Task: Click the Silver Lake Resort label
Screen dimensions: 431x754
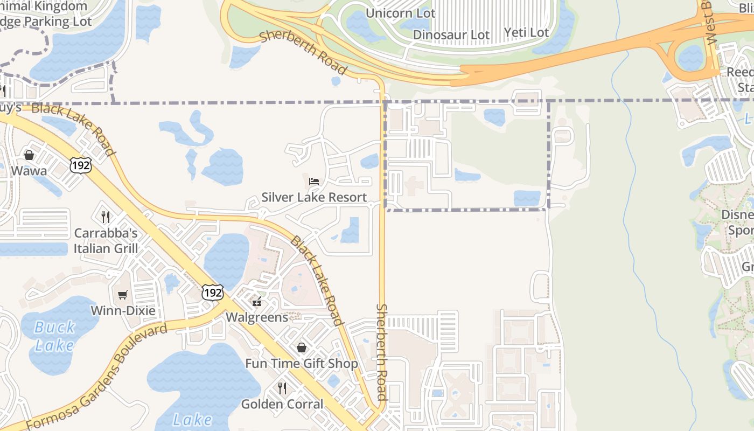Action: [314, 197]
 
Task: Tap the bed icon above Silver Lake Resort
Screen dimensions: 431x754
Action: [314, 181]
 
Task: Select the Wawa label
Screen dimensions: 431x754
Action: [29, 171]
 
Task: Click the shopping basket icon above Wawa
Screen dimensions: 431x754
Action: [29, 155]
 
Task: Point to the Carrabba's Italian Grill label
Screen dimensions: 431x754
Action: [106, 241]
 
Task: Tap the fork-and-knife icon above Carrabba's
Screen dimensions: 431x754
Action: [106, 217]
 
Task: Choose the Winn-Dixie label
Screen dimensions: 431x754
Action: [123, 311]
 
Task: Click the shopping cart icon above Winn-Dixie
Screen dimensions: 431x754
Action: [123, 295]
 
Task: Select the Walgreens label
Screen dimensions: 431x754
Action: [257, 317]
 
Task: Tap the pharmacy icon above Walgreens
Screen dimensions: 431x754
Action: [257, 301]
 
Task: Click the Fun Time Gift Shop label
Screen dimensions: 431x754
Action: [302, 364]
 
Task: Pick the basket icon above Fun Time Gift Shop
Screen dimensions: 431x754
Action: [302, 347]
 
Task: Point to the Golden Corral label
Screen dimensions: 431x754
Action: [282, 404]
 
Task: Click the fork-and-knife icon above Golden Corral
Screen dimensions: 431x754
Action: [282, 387]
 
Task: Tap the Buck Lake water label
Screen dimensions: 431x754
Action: [54, 336]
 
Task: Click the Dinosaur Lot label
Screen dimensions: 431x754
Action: [451, 35]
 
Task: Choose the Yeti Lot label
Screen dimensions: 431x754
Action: [526, 32]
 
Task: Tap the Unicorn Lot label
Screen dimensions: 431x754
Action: [400, 12]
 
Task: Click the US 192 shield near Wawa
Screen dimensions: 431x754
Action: [80, 165]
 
